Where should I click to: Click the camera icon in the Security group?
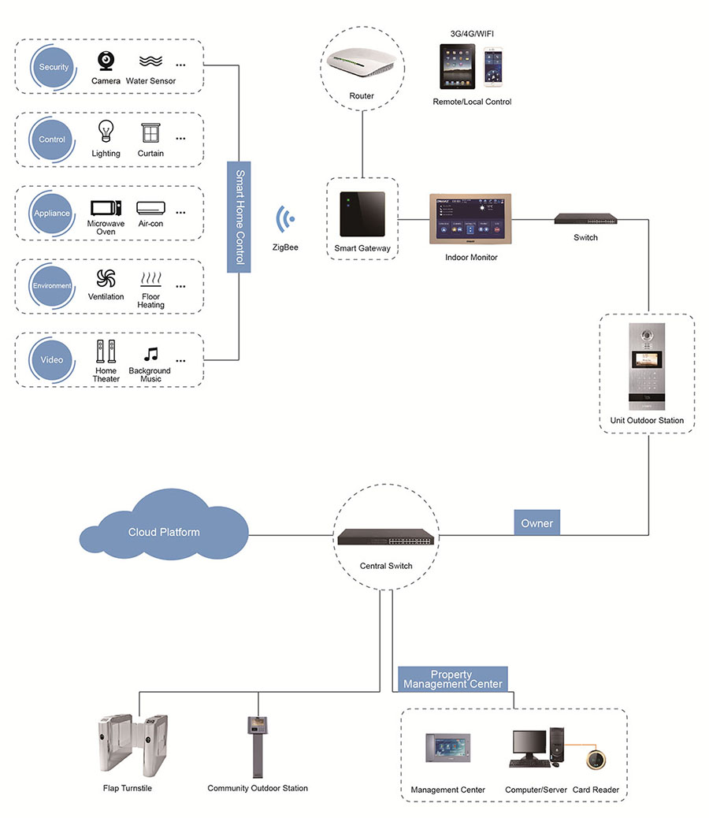(105, 61)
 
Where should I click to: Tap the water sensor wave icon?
(150, 61)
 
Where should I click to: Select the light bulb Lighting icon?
(106, 132)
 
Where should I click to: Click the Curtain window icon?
(150, 133)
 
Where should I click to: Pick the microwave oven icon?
(106, 208)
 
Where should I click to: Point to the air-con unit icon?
(150, 208)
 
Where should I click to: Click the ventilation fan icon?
(106, 278)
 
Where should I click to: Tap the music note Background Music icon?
(150, 355)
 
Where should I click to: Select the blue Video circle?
(52, 360)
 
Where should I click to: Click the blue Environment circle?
(52, 286)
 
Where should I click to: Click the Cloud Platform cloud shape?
(163, 530)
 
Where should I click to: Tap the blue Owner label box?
(536, 523)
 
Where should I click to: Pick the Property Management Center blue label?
(452, 679)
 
